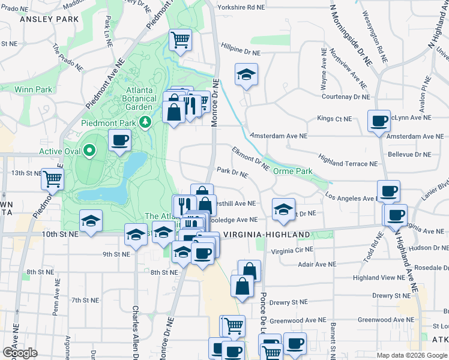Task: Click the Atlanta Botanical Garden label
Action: click(x=139, y=99)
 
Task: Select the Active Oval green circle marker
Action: click(x=90, y=151)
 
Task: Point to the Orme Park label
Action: click(x=293, y=171)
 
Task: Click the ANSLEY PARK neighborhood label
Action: click(x=49, y=19)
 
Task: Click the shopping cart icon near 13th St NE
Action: click(x=52, y=178)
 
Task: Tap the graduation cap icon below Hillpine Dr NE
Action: click(x=245, y=75)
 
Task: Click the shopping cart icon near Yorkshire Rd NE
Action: click(x=180, y=40)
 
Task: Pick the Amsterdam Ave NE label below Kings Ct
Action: click(x=279, y=136)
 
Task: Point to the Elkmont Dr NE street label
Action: click(x=250, y=158)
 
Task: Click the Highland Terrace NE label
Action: click(x=348, y=163)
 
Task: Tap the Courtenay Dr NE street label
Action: click(x=345, y=96)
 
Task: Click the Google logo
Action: click(x=20, y=353)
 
